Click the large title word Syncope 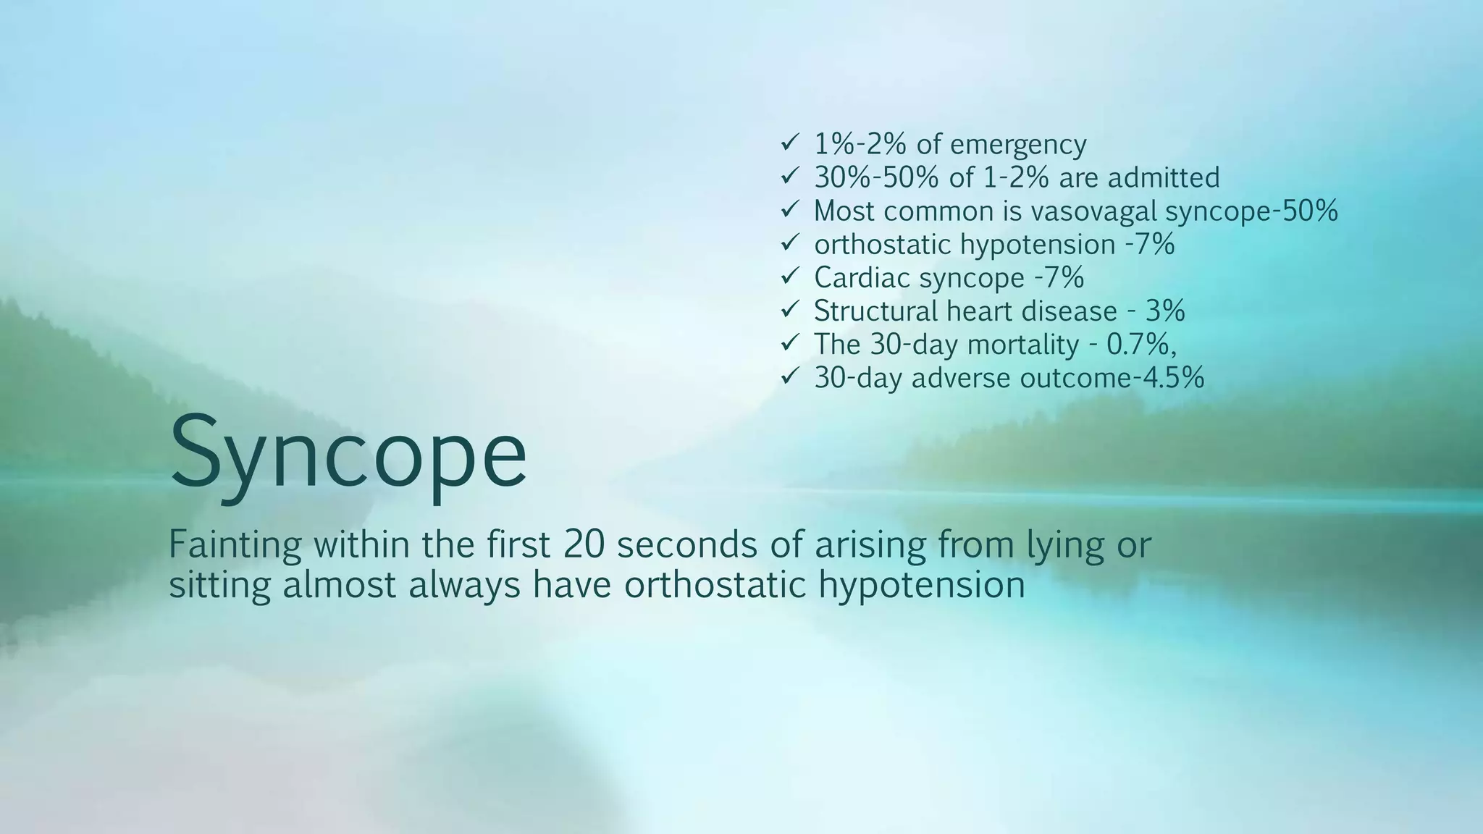[348, 453]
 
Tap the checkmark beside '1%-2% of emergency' [789, 143]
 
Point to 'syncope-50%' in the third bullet [1251, 211]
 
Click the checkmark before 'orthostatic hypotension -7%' [789, 243]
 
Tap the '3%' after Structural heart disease [1165, 311]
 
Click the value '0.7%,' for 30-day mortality [1141, 344]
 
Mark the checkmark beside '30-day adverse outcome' [789, 376]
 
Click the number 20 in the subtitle [583, 544]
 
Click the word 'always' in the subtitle [464, 585]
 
